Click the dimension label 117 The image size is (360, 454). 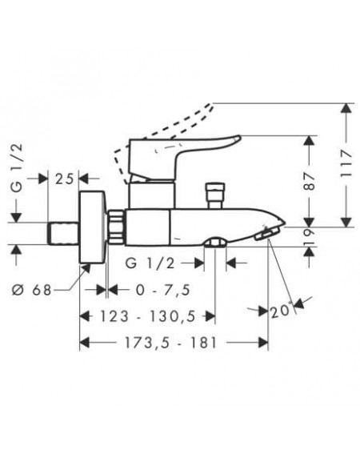(346, 163)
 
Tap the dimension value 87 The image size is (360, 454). (310, 180)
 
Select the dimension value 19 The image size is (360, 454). (310, 237)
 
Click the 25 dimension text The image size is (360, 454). (65, 179)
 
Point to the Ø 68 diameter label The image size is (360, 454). (32, 290)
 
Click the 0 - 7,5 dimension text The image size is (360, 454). (163, 290)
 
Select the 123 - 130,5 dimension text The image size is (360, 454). (148, 316)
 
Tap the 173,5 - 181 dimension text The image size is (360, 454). (170, 343)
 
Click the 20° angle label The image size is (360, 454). (281, 311)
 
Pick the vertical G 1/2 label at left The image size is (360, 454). (17, 168)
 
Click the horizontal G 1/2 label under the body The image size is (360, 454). (150, 263)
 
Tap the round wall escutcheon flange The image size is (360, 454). (93, 227)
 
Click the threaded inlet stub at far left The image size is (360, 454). (63, 233)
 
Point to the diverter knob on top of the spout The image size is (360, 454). (214, 195)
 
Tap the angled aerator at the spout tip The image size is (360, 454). (267, 233)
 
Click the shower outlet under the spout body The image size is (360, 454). (215, 243)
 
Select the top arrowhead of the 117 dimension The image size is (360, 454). (346, 109)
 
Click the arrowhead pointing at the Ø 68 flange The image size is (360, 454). (86, 269)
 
